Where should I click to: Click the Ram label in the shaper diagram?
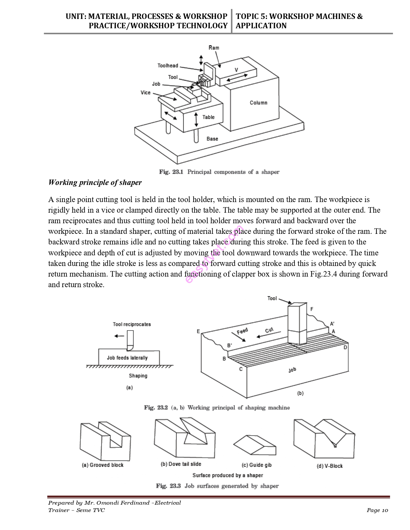point(214,48)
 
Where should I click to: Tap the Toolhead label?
point(168,66)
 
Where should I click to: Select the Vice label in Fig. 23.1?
point(145,93)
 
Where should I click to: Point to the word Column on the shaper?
point(259,103)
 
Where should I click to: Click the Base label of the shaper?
point(212,139)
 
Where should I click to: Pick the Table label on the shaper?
point(208,117)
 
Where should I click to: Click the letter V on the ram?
point(236,70)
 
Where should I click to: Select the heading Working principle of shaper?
point(95,182)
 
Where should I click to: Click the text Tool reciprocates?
point(132,324)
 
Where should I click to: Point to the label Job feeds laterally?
point(127,358)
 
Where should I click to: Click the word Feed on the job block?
point(242,331)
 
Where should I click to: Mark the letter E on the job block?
point(198,331)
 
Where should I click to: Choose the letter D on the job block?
point(345,347)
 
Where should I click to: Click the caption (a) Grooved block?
point(103,465)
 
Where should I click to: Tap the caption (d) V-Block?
point(330,466)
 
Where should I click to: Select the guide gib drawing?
point(254,445)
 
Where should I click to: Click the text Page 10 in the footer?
point(377,510)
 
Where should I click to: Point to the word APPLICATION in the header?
point(261,26)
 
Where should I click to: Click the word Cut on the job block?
point(269,331)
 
